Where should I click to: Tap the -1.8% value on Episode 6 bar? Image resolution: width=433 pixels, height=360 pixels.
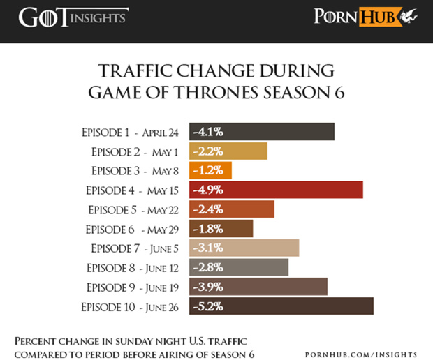coord(207,229)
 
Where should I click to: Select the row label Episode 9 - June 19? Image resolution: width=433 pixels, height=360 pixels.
coord(134,287)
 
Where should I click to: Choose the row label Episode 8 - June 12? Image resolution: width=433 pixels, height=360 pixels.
coord(134,267)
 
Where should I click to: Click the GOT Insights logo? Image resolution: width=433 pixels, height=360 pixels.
coord(73,17)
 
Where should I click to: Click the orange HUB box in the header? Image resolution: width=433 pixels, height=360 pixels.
coord(379,17)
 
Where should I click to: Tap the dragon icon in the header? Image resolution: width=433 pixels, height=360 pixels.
coord(411,16)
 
